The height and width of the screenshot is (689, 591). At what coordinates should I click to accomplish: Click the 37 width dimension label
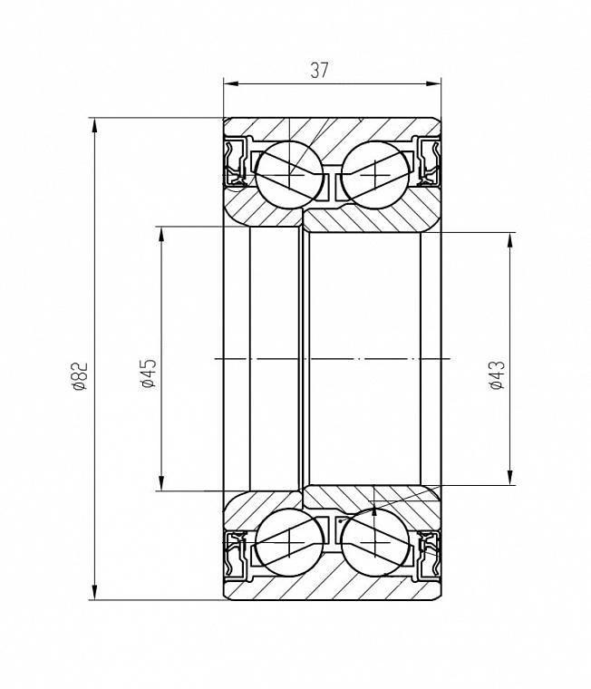(x=319, y=71)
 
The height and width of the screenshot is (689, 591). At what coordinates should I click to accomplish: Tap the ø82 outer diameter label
(x=82, y=376)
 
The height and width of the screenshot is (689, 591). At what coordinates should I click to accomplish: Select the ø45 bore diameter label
(x=149, y=374)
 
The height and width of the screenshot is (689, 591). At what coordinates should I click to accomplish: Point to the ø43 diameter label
(x=498, y=375)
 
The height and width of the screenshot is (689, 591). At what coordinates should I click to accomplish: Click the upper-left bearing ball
(x=289, y=174)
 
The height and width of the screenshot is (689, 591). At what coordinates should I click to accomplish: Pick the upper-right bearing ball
(x=375, y=174)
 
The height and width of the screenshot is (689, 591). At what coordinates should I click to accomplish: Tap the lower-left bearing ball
(x=289, y=542)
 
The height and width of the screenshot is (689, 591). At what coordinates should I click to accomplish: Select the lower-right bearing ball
(x=375, y=542)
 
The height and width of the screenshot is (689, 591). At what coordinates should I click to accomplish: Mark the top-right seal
(x=429, y=161)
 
